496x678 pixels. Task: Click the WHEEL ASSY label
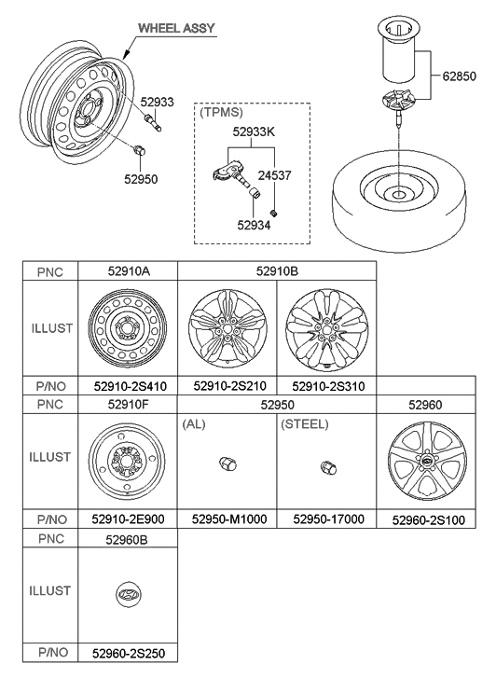[178, 29]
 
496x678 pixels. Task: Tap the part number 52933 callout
[157, 102]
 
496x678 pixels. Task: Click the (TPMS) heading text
[219, 111]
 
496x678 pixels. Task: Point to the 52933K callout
[253, 131]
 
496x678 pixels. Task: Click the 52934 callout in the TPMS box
[254, 224]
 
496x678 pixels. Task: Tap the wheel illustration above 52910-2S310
[325, 332]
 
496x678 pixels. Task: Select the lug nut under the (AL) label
[225, 465]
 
